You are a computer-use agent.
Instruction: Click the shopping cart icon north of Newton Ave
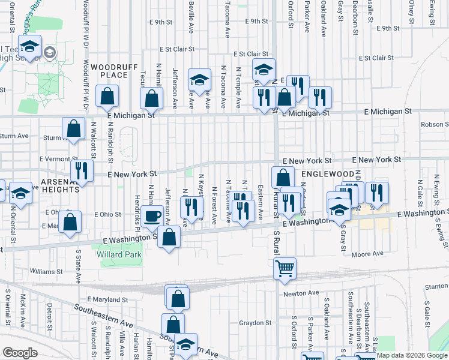(285, 268)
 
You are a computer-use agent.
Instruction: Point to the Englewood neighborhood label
(325, 173)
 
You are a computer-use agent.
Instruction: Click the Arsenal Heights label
(52, 184)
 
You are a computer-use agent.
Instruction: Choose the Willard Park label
(119, 254)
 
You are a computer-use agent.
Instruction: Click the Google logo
(20, 353)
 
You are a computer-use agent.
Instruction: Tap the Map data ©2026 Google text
(412, 355)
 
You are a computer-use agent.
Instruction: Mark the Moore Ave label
(367, 254)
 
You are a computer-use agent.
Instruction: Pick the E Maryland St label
(107, 299)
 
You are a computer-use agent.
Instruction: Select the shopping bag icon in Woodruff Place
(107, 95)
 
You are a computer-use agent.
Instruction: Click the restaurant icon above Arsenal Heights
(82, 170)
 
